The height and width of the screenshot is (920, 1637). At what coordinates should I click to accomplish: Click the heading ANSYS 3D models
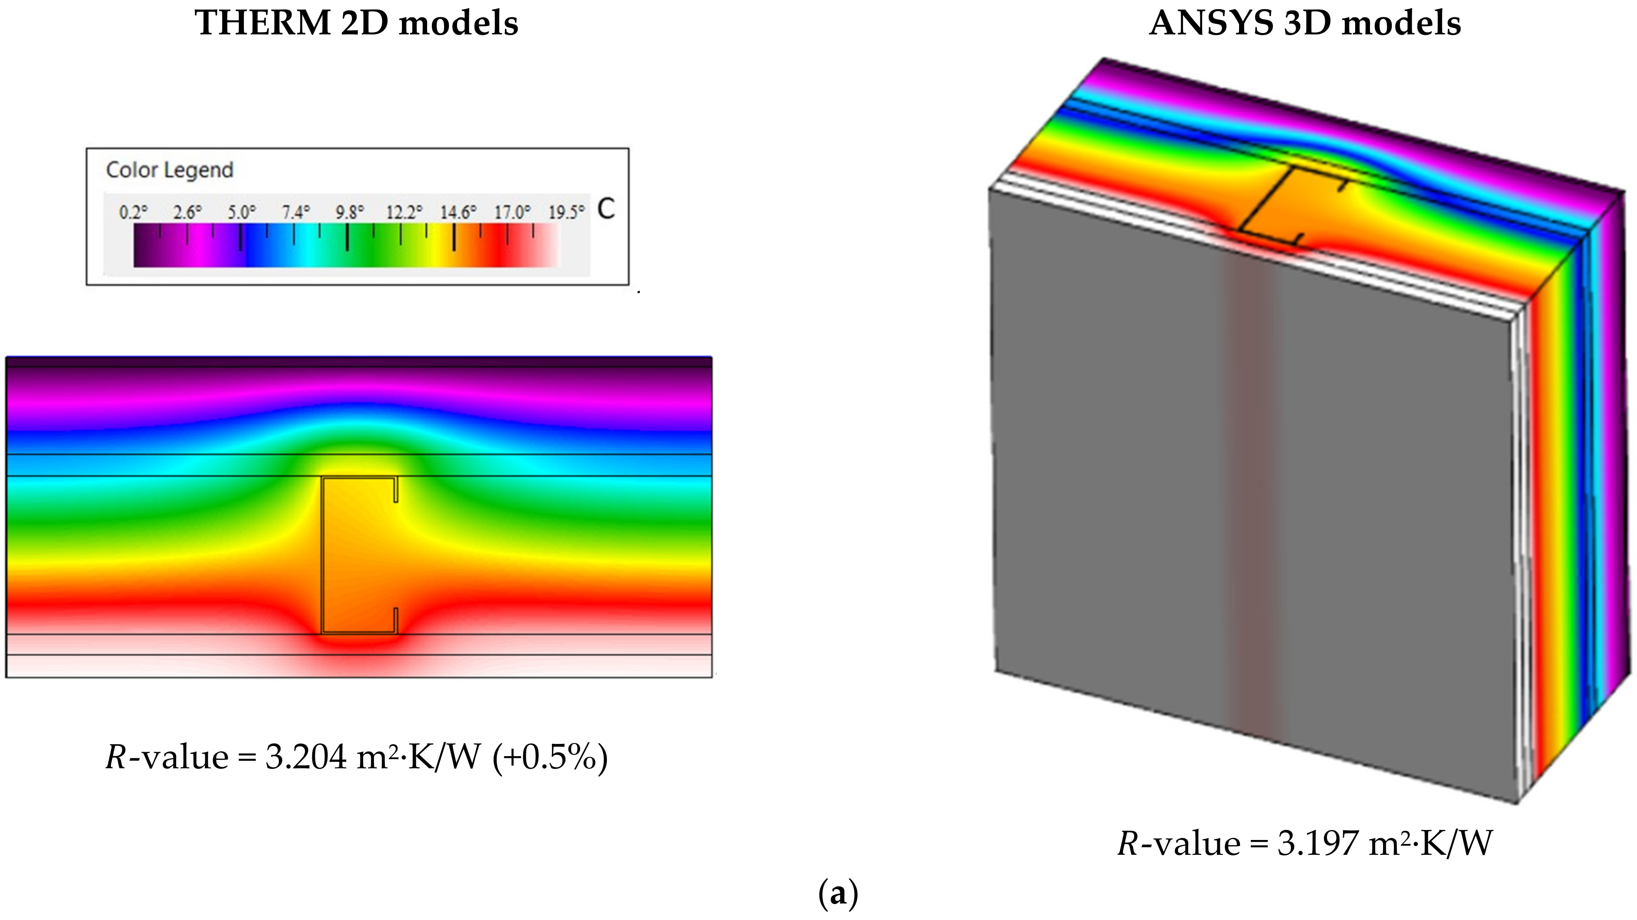[x=1305, y=23]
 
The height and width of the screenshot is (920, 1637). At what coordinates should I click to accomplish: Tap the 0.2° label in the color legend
[x=133, y=212]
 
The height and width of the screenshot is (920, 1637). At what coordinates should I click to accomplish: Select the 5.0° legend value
[x=241, y=212]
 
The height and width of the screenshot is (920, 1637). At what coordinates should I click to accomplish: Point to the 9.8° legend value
[x=350, y=212]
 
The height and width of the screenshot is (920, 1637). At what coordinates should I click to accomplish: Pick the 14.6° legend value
[x=458, y=212]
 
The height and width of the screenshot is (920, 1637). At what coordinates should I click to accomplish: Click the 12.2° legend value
[x=404, y=212]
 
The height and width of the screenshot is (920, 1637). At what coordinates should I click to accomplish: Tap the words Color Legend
[x=170, y=170]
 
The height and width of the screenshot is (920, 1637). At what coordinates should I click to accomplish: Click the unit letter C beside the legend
[x=606, y=210]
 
